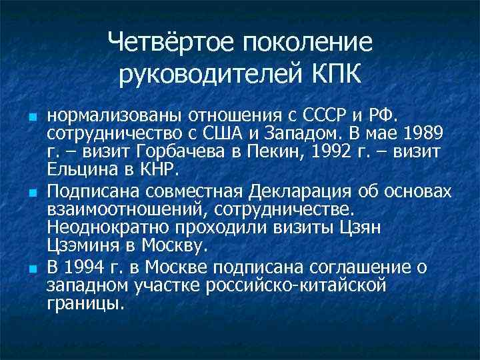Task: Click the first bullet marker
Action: pos(32,118)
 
